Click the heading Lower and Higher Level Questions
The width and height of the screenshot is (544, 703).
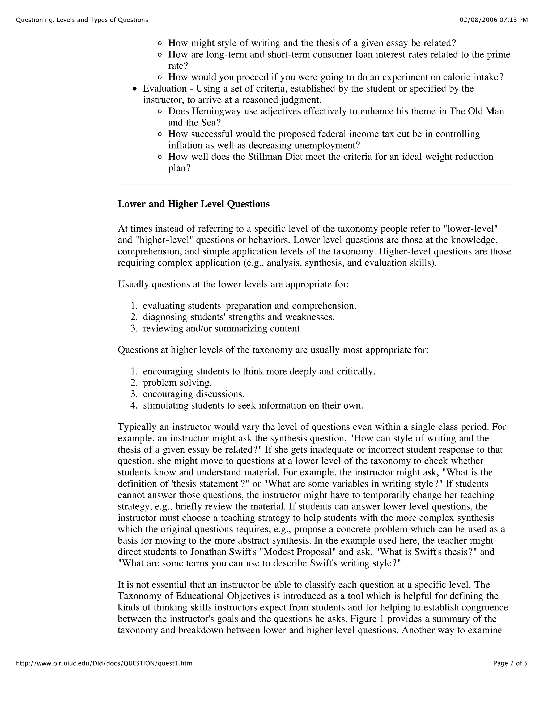click(194, 204)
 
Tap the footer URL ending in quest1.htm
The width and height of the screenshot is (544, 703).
click(104, 663)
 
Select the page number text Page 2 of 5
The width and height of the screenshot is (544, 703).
click(511, 663)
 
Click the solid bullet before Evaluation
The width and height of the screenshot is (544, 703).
click(135, 89)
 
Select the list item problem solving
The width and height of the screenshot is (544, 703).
click(177, 383)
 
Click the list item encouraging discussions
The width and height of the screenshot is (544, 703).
click(194, 394)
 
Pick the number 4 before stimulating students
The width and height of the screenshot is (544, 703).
click(133, 405)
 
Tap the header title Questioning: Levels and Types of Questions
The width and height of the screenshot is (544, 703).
click(82, 20)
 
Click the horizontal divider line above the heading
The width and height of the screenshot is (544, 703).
click(316, 184)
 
